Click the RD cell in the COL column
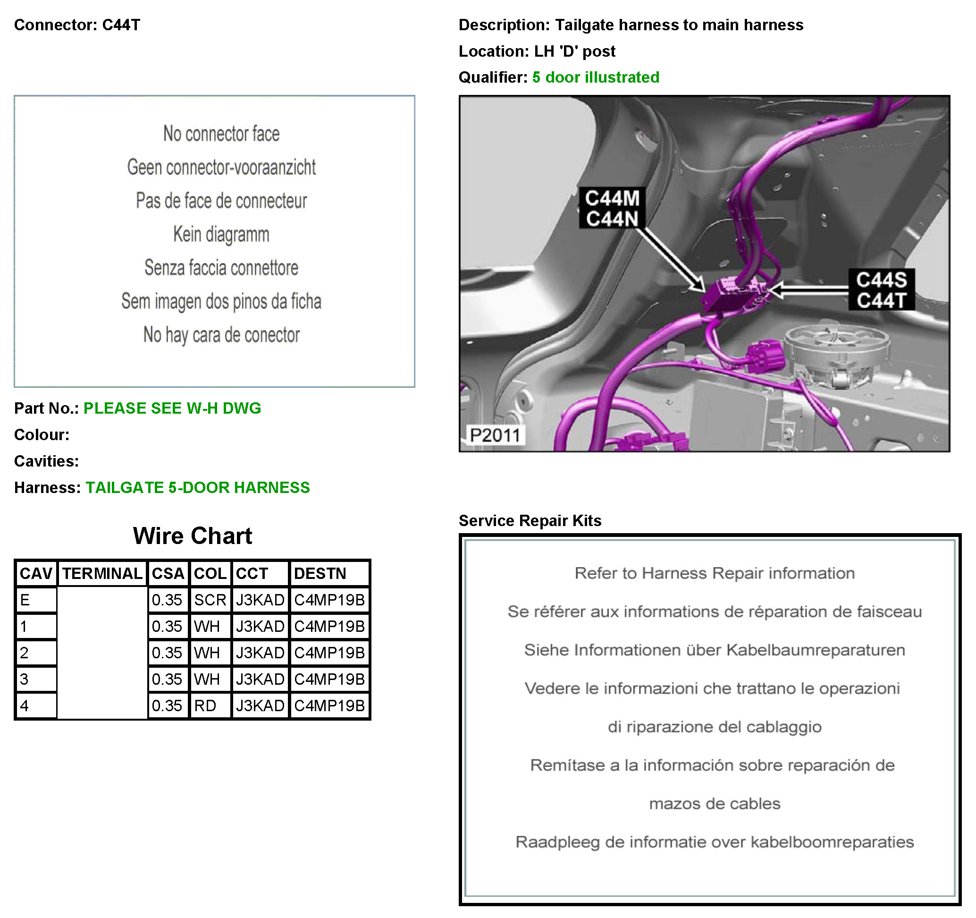(x=210, y=706)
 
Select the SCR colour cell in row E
(x=210, y=600)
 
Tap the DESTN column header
(x=329, y=574)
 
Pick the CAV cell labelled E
(x=36, y=600)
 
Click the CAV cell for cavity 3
(x=36, y=679)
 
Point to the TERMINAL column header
(x=102, y=574)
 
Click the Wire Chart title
(x=193, y=536)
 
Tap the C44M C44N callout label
(x=612, y=208)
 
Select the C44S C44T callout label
(x=881, y=290)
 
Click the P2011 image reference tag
(x=495, y=435)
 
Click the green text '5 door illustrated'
(x=596, y=77)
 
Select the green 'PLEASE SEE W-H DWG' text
(x=172, y=408)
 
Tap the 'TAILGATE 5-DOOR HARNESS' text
(x=198, y=487)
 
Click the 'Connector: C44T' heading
(x=77, y=25)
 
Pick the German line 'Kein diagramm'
(x=221, y=234)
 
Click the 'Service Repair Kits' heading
(x=530, y=521)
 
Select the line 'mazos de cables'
(x=715, y=804)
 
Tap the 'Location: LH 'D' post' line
(x=537, y=51)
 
